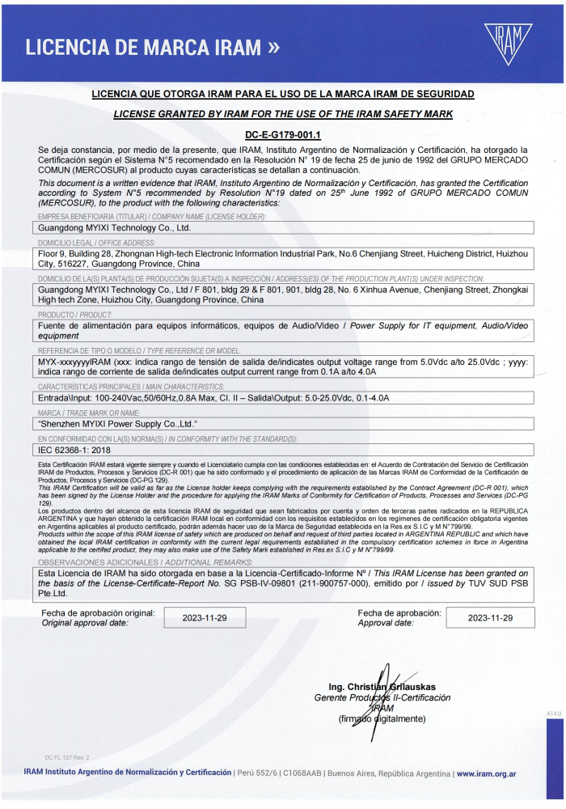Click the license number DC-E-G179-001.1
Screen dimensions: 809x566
(x=283, y=135)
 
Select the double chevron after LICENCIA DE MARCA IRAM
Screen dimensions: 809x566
(x=272, y=47)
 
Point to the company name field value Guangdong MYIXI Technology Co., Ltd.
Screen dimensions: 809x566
(x=115, y=228)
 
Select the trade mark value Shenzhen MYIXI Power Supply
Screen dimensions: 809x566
(x=118, y=422)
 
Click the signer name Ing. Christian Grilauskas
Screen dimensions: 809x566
(x=381, y=686)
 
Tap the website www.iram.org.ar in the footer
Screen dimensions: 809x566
(x=486, y=773)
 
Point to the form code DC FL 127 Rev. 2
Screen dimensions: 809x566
(x=66, y=756)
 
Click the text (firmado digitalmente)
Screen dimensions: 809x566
(x=381, y=718)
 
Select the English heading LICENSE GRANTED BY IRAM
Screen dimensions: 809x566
(x=283, y=114)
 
